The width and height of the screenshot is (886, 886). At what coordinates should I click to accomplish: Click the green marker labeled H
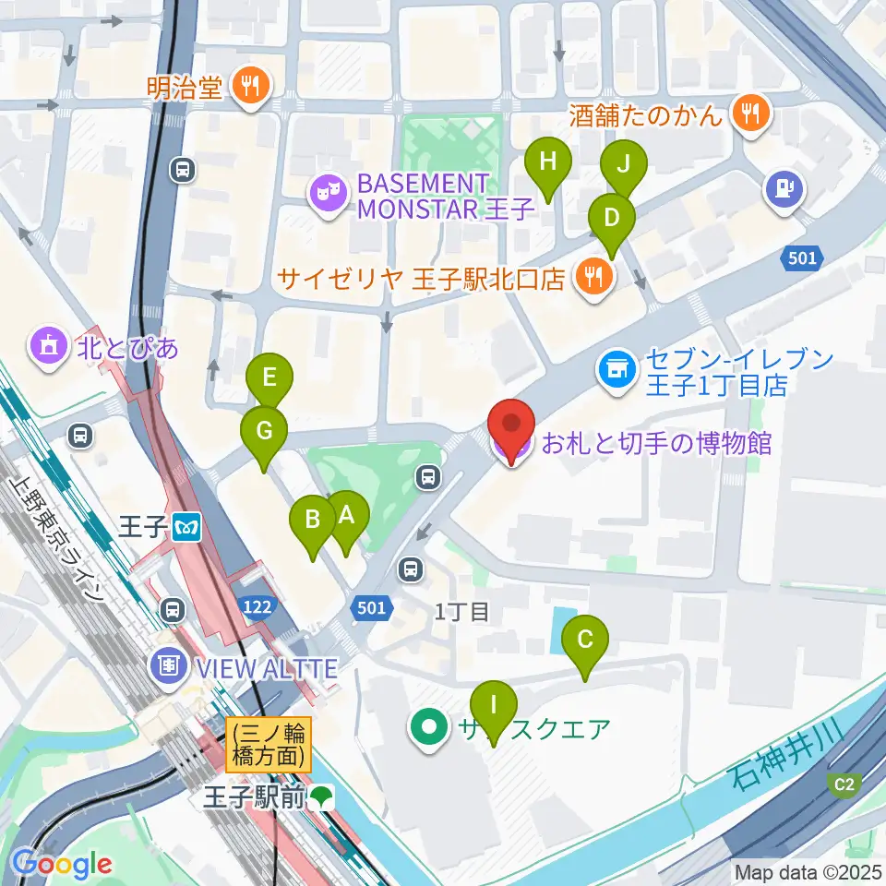pos(547,164)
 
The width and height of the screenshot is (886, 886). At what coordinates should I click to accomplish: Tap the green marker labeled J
pos(623,167)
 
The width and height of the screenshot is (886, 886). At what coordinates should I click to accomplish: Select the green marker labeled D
pos(611,220)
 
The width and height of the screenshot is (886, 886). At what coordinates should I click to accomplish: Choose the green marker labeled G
pos(264,432)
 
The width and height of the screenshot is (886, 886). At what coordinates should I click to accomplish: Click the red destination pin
pos(510,426)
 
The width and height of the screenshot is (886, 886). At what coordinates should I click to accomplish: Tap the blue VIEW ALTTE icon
pos(170,664)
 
